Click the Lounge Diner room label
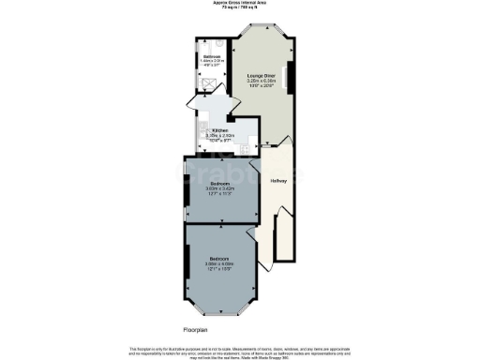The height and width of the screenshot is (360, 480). (x=261, y=75)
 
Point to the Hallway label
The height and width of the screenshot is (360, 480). (x=278, y=180)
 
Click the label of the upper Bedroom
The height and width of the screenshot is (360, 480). (x=221, y=183)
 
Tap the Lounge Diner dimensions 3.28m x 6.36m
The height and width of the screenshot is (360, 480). (x=261, y=82)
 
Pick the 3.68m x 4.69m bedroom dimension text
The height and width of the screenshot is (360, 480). (x=221, y=265)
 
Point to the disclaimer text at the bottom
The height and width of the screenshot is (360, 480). (x=239, y=352)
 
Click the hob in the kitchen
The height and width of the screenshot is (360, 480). (x=245, y=148)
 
